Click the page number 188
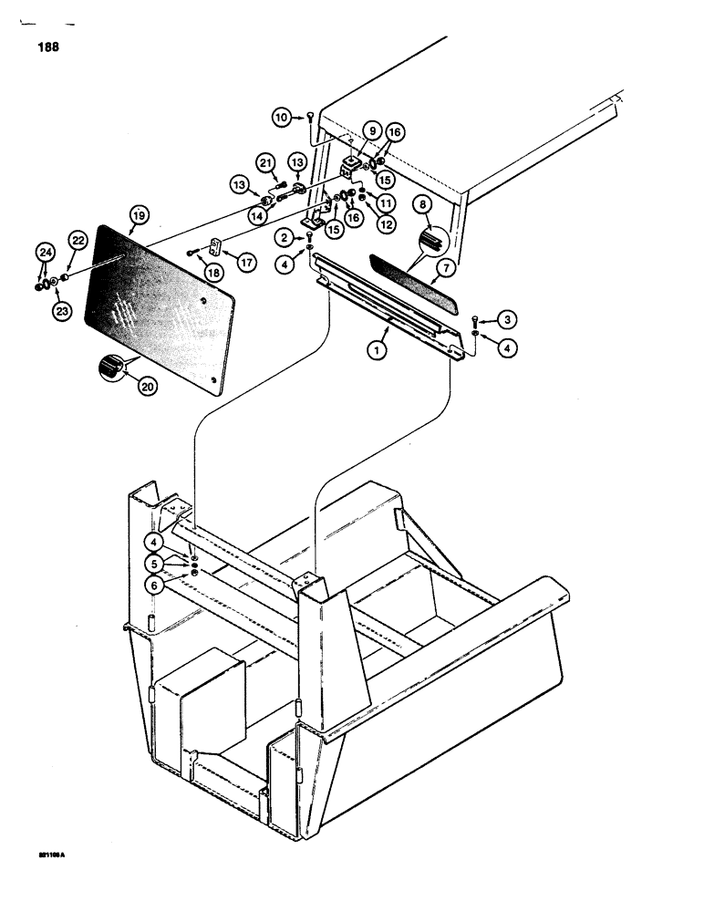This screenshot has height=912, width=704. coord(47,48)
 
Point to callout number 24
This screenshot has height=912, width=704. coord(45,253)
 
